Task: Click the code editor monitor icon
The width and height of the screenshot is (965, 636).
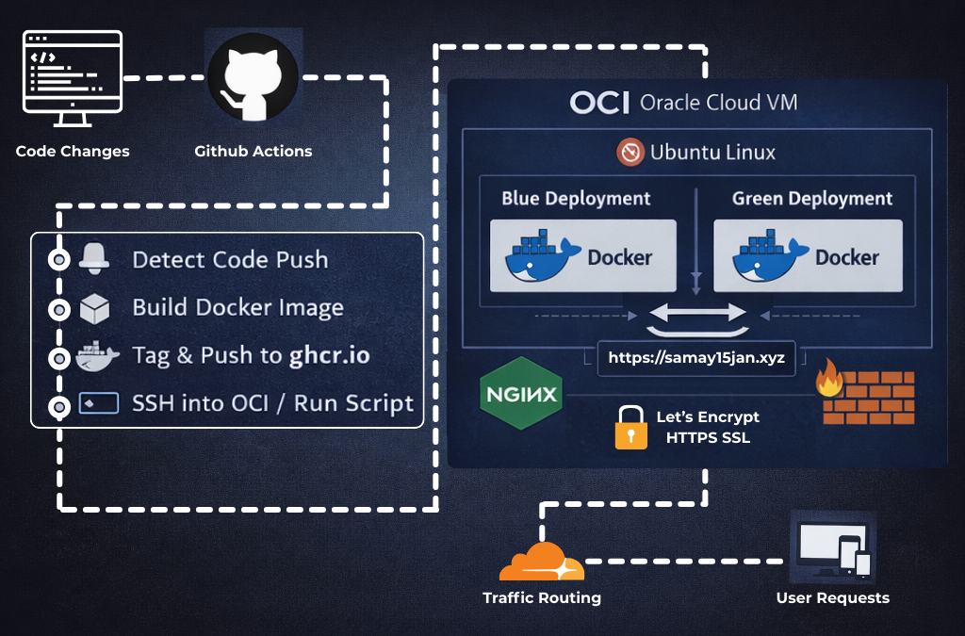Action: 73,79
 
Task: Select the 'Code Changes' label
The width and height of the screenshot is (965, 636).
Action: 73,151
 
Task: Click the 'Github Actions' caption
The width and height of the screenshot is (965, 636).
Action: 253,151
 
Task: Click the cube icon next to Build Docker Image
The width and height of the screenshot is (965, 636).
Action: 94,308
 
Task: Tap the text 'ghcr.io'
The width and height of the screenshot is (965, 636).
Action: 329,355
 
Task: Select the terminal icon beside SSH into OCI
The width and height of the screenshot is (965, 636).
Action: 98,403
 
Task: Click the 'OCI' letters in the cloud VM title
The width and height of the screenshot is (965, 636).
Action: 599,103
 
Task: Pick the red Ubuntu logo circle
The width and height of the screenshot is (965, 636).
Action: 630,153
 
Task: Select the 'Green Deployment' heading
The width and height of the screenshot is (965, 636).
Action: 811,199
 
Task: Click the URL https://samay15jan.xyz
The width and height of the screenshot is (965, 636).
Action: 696,358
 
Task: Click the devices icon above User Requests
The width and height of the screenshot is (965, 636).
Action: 832,546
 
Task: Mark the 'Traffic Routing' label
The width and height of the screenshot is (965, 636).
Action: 541,597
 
